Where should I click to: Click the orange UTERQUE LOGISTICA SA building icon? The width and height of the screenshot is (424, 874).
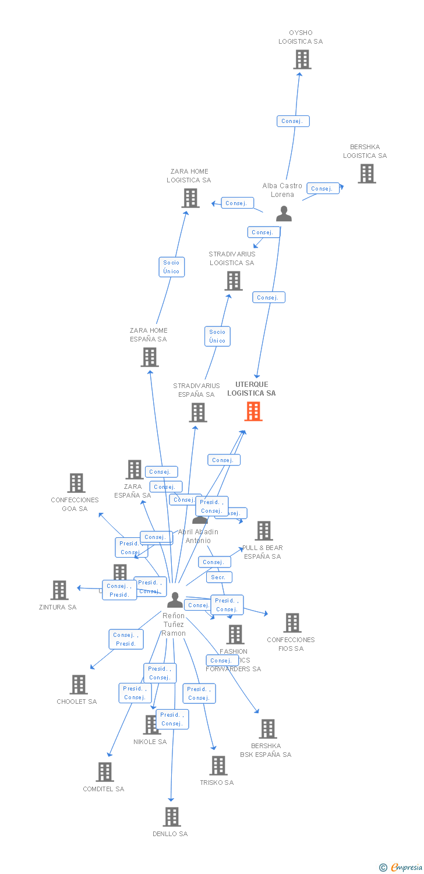click(x=253, y=411)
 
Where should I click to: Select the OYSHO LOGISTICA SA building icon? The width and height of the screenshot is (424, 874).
click(x=302, y=59)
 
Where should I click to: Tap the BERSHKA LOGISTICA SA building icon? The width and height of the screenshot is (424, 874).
click(x=366, y=174)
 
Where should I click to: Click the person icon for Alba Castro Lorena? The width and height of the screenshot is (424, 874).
click(x=284, y=214)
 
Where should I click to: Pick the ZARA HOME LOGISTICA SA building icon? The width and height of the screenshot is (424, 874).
click(x=190, y=198)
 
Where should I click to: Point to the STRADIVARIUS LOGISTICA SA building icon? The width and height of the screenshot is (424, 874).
click(x=234, y=281)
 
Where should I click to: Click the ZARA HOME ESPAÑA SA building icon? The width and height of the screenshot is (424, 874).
click(x=150, y=357)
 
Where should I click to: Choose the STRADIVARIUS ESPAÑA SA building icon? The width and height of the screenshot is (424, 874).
click(x=198, y=413)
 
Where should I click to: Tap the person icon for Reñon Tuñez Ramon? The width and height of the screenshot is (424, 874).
click(x=175, y=600)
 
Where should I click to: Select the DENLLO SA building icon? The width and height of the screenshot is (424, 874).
click(x=171, y=817)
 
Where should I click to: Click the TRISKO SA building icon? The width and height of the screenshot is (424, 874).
click(x=218, y=766)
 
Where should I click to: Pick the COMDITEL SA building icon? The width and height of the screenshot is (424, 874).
click(x=105, y=772)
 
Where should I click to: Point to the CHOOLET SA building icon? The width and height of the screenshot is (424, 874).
click(x=79, y=685)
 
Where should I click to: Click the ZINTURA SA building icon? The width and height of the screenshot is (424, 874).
click(x=59, y=590)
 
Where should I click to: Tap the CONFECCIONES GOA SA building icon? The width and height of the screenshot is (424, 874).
click(x=76, y=483)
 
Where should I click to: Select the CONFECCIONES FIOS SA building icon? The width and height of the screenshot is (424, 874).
click(x=292, y=623)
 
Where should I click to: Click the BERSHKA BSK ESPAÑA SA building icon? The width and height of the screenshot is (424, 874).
click(x=267, y=729)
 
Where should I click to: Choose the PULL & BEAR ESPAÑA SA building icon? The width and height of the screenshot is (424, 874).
click(x=264, y=531)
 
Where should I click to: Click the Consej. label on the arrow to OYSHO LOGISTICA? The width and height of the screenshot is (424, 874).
click(x=292, y=121)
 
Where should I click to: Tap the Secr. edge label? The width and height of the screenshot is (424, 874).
click(x=219, y=577)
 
